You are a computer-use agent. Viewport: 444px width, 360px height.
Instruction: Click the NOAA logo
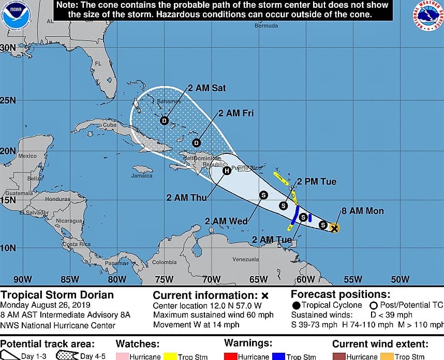coord(17,16)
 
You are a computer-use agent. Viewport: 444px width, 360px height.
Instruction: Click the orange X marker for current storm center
coord(335,227)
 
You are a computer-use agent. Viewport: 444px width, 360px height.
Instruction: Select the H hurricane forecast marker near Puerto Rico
coord(226,170)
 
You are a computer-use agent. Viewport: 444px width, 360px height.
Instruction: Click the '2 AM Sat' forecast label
coord(206,88)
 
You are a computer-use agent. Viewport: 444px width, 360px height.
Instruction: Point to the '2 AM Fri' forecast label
coord(236,113)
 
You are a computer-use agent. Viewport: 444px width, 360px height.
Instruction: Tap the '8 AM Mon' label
coord(363,211)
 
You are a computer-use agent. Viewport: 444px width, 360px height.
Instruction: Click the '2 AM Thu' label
coord(185,197)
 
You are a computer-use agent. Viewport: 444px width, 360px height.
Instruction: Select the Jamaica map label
coord(142,176)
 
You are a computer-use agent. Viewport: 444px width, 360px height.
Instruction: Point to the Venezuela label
coord(245,259)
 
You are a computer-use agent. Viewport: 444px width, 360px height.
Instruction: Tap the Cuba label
coord(110,125)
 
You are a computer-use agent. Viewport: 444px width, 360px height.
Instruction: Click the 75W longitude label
coord(165,280)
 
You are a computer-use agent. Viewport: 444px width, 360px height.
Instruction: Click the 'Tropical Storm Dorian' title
coord(57,295)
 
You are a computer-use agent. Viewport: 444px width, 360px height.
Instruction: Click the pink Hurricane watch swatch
coord(122,356)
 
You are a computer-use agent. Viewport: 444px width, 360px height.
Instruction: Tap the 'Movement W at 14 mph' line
coord(196,325)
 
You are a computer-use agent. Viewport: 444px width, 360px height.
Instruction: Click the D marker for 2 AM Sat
coord(165,121)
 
